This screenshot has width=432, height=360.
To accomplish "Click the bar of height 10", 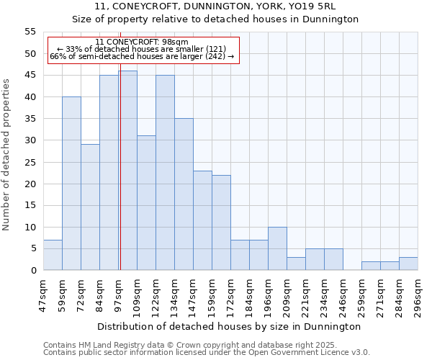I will tap(277, 248).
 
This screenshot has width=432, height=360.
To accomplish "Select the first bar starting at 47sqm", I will tap(53, 255).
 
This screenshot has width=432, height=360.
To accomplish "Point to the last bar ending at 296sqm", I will tap(408, 264).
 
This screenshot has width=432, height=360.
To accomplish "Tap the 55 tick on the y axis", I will tap(30, 32).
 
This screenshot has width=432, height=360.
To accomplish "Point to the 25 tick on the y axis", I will tap(30, 162).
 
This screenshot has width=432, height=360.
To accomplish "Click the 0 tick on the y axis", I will tap(33, 271).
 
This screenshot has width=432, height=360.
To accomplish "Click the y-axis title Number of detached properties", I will tap(6, 155).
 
